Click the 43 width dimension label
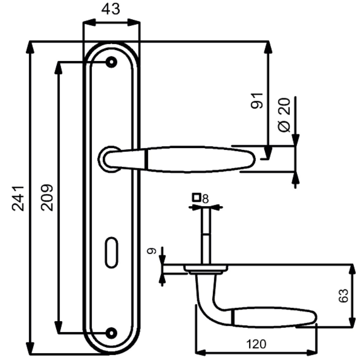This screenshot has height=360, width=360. coord(111,9)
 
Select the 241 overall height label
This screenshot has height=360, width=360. coord(18,198)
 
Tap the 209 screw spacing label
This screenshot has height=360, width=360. coord(47,198)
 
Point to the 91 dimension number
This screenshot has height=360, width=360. coord(257,101)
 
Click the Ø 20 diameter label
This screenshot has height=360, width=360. coord(284,115)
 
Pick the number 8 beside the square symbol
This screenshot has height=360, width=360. coord(205,199)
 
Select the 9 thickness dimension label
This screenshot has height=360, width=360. coord(152,251)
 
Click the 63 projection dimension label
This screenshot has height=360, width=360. coord(343,296)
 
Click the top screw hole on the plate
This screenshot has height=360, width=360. coord(111,62)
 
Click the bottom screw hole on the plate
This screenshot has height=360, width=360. coord(111,333)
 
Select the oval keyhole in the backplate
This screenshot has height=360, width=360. coord(111,252)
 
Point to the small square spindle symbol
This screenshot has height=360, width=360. coord(197,198)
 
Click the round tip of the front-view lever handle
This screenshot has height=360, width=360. coord(252,159)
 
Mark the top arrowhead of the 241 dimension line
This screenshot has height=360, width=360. coord(30,47)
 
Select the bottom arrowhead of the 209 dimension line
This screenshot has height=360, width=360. coord(59,327)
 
